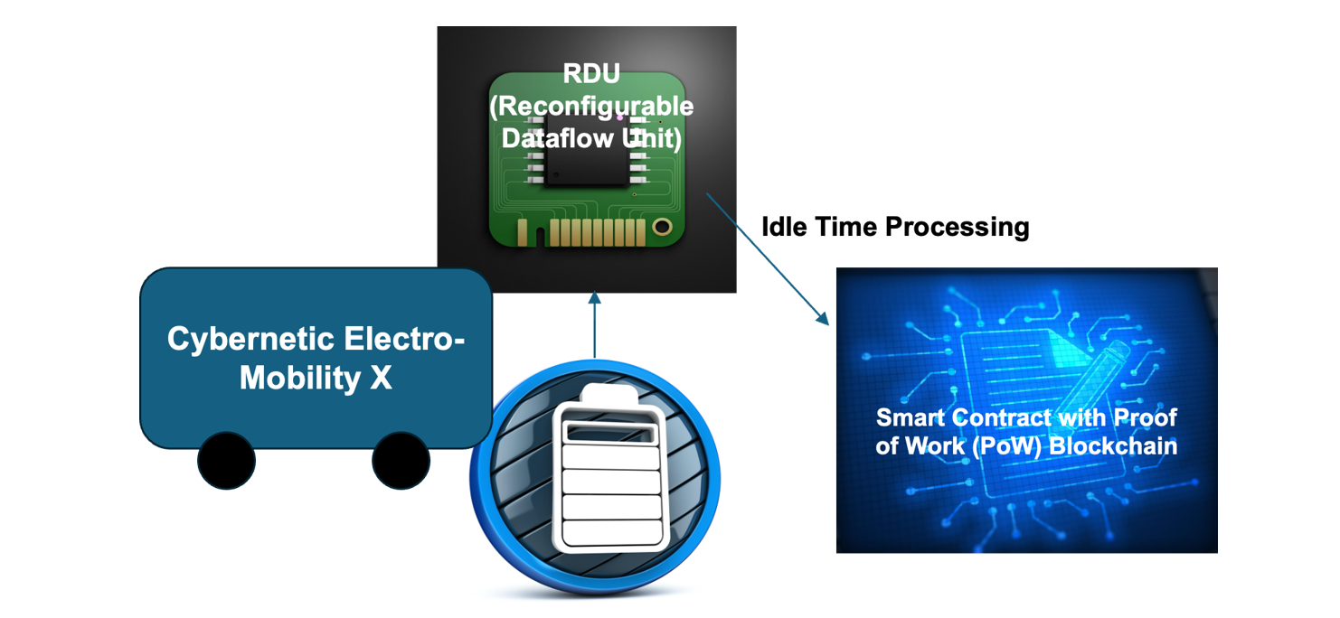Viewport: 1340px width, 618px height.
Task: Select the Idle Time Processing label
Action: tap(895, 226)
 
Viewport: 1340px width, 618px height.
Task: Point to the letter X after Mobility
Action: tap(381, 378)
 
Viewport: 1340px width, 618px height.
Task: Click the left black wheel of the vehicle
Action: tap(227, 460)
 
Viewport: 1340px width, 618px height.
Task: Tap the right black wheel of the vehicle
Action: tap(401, 460)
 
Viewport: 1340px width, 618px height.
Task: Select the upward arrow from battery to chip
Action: tap(594, 325)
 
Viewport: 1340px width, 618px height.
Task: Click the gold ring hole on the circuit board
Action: tap(662, 226)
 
